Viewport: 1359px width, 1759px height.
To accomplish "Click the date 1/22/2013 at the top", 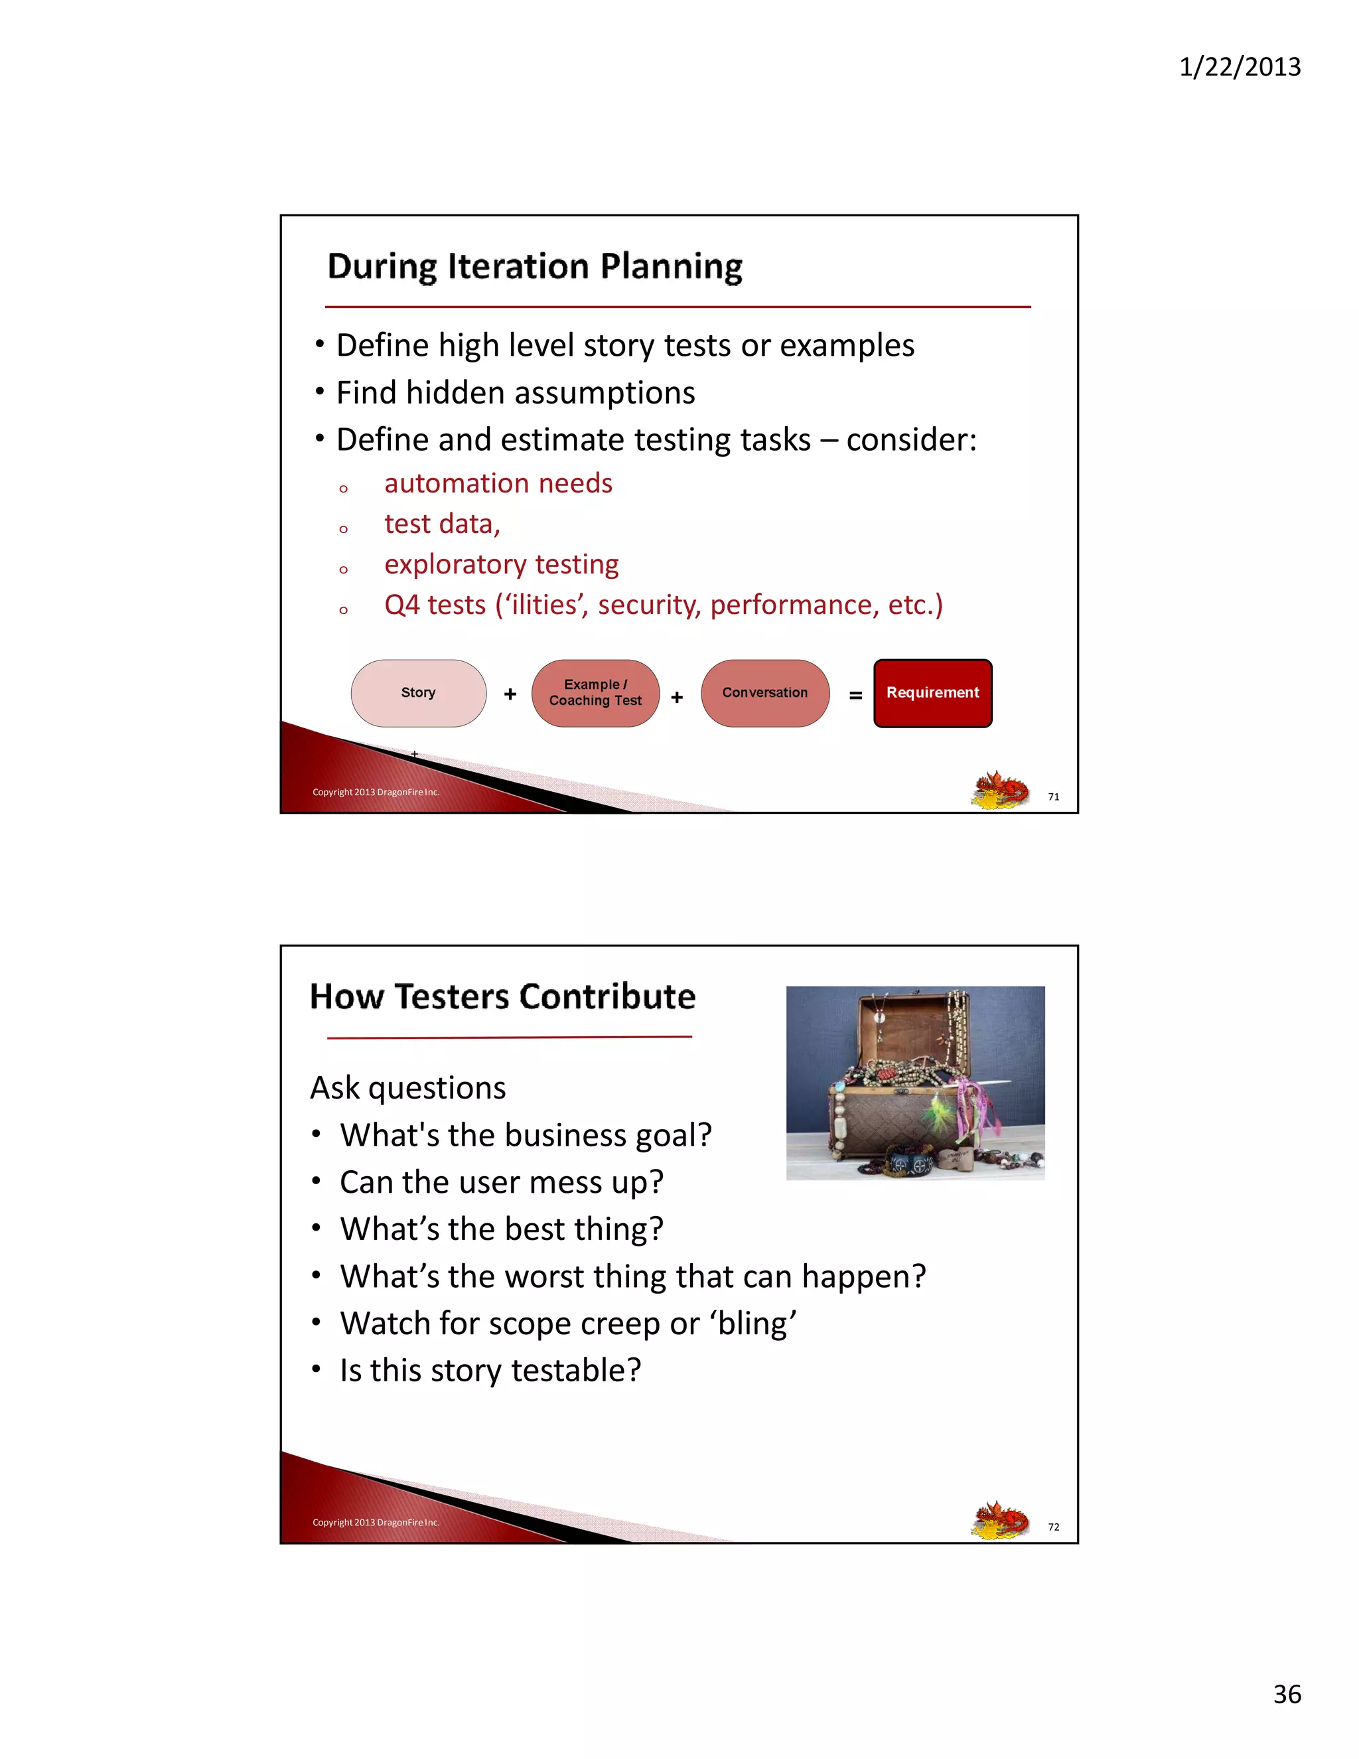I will click(x=1239, y=67).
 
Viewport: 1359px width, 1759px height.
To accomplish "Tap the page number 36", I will click(x=1287, y=1694).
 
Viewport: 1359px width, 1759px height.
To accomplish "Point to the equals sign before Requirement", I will click(x=856, y=696).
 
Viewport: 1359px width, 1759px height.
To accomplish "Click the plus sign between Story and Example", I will click(x=510, y=694).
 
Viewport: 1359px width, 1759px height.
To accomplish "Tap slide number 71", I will click(x=1053, y=797).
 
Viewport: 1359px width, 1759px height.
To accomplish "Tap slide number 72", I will click(x=1053, y=1527).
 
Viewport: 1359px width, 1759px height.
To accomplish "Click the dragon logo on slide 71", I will click(x=1000, y=789).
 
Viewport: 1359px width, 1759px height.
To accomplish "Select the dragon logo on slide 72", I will click(x=1000, y=1520).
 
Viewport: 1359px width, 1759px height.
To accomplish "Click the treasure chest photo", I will click(x=915, y=1083).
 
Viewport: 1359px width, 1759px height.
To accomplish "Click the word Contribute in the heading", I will click(x=607, y=997).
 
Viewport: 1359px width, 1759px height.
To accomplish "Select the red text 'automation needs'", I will click(x=498, y=483).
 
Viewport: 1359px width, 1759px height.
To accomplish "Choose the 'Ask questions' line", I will click(x=408, y=1088).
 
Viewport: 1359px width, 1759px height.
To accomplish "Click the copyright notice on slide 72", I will click(x=376, y=1522).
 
